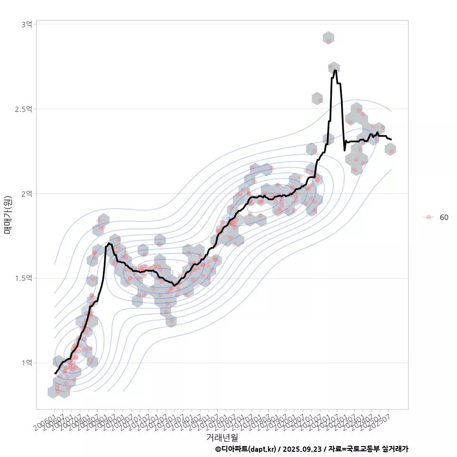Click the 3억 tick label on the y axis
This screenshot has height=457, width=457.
click(x=27, y=24)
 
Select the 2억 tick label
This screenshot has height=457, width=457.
click(x=27, y=193)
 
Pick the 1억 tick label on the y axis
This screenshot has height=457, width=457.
click(x=27, y=363)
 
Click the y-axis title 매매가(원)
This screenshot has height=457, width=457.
click(x=8, y=215)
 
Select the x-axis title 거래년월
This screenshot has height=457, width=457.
click(x=222, y=437)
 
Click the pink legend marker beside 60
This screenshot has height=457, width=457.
click(x=428, y=217)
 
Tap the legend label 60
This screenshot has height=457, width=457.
click(x=444, y=218)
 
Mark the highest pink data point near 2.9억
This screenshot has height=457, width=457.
click(x=328, y=41)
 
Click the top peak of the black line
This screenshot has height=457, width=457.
click(x=336, y=71)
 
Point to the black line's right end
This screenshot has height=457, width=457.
click(x=391, y=139)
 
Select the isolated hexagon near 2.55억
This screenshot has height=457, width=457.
click(x=318, y=99)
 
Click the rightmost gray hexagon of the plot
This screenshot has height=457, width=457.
click(x=390, y=149)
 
